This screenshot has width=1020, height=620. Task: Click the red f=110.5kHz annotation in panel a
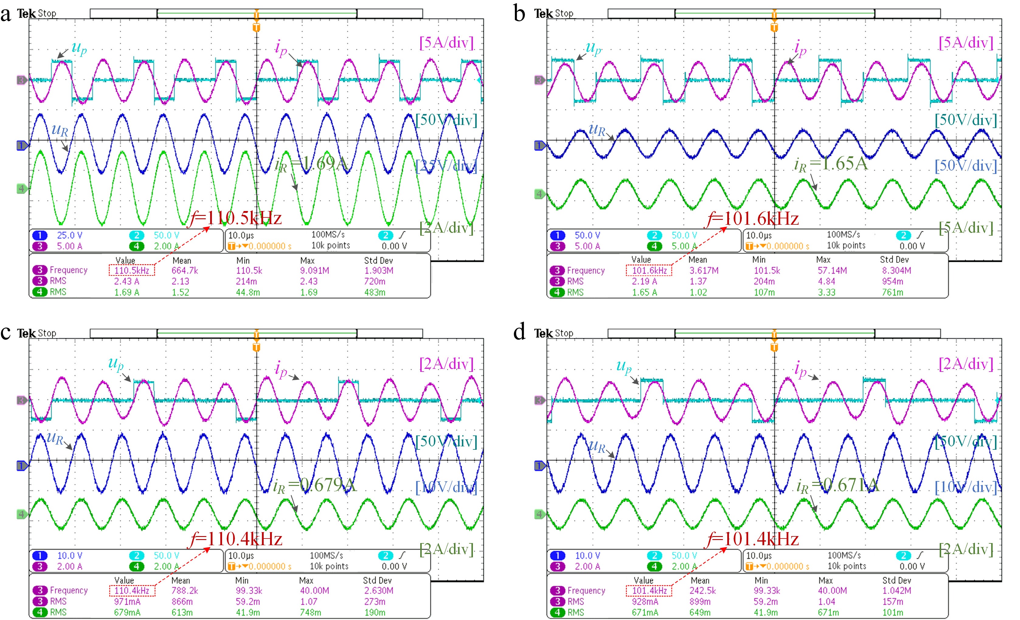236,218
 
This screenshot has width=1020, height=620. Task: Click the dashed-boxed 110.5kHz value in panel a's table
132,271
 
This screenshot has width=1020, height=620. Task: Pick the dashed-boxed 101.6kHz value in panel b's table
649,271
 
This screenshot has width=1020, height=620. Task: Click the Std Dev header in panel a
378,260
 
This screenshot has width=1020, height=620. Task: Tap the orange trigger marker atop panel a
256,27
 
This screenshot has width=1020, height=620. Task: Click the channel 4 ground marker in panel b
539,194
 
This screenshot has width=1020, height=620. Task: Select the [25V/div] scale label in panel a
446,166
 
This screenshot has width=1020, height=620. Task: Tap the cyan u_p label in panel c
116,363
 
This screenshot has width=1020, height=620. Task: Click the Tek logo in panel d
543,333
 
